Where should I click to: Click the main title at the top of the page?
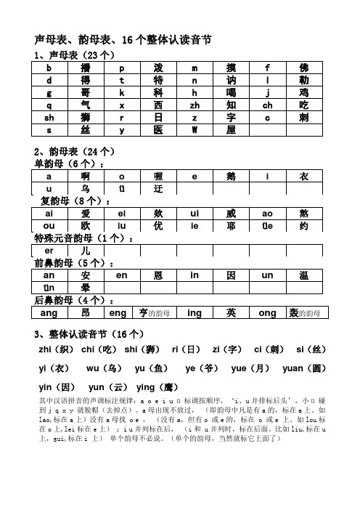click(x=123, y=40)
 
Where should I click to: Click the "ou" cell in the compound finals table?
click(x=49, y=225)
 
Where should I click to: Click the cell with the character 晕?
click(x=85, y=288)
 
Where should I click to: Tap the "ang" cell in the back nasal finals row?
click(x=49, y=313)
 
